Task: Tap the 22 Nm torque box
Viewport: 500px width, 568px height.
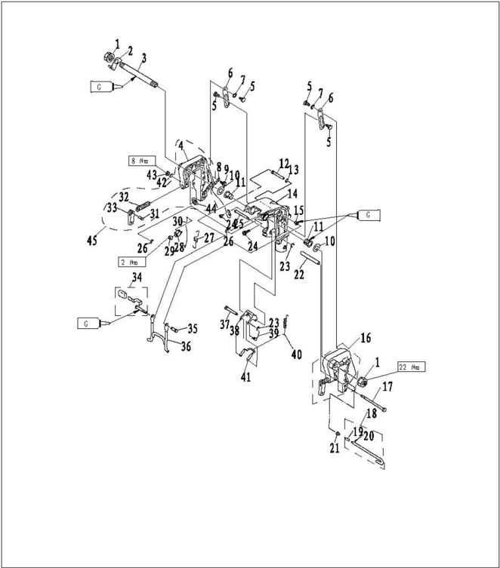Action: [x=411, y=367]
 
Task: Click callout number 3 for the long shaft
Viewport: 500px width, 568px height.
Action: [x=144, y=57]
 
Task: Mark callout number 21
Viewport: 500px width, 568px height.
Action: [x=333, y=449]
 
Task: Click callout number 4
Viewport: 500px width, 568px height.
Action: [x=181, y=143]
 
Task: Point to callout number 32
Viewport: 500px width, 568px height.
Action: [x=124, y=196]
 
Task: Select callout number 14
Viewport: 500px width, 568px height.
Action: [x=292, y=193]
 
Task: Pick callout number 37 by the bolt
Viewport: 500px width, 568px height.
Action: [x=224, y=324]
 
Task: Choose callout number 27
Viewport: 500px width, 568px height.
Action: [x=208, y=237]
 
